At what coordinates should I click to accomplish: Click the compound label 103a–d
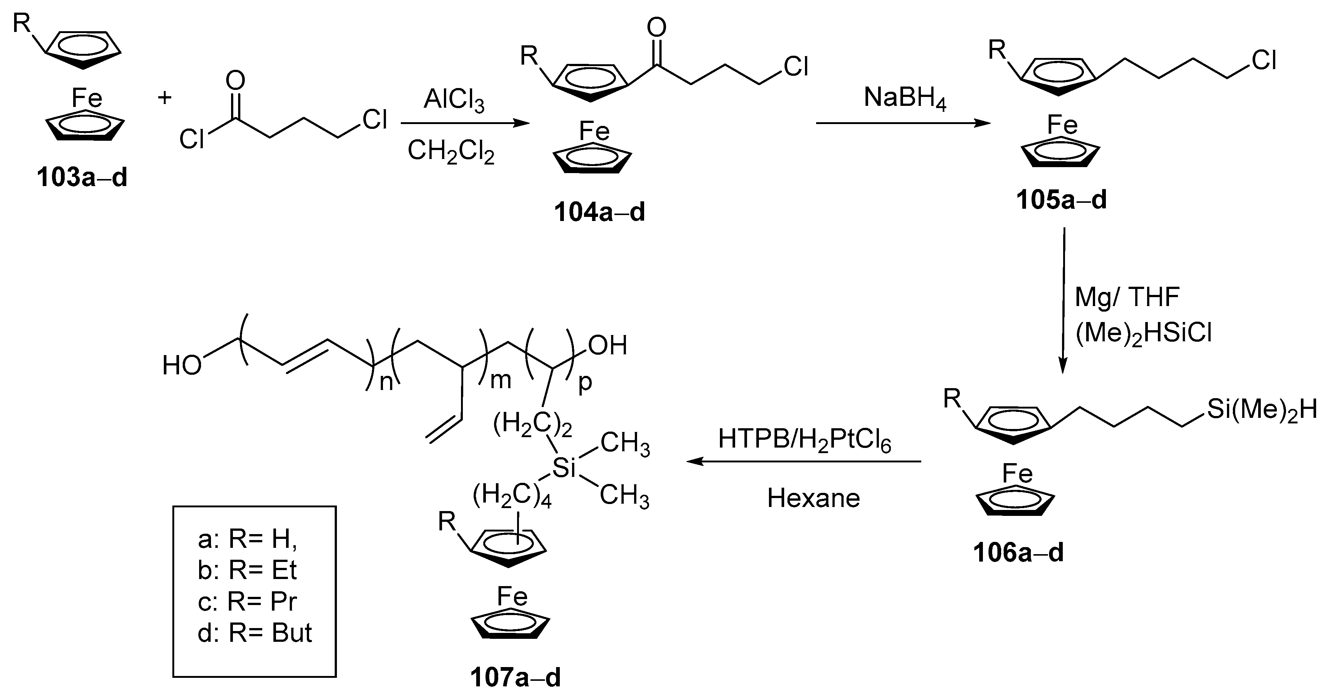[82, 178]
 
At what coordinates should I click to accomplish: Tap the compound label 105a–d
[1062, 200]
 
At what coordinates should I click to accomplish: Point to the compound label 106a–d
[1018, 553]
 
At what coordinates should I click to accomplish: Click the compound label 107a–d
[515, 678]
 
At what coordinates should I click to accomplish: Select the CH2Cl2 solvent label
[451, 152]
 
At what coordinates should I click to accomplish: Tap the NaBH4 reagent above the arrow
[905, 98]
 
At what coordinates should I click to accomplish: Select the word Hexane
[814, 498]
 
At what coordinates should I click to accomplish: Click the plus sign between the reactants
[165, 97]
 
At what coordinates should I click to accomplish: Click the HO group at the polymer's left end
[182, 366]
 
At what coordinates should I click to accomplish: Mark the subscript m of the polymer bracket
[500, 380]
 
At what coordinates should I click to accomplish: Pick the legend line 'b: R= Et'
[247, 570]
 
